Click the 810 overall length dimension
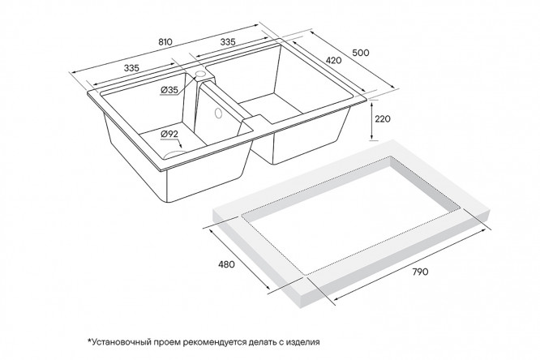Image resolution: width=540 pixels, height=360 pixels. [165, 42]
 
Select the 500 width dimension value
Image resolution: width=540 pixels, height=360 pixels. [361, 53]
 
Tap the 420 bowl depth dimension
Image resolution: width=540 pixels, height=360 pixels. [333, 60]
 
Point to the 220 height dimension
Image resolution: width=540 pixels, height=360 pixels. [383, 119]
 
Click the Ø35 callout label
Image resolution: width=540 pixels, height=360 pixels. [169, 90]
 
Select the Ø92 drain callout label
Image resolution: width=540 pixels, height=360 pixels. [169, 134]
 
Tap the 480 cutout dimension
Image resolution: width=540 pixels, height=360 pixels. [226, 264]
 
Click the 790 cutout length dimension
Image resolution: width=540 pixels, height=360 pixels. [420, 272]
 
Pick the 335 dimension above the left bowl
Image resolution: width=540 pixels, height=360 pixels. [131, 68]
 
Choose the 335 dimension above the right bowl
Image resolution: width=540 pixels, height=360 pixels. [228, 42]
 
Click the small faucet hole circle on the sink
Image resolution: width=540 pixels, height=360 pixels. [199, 74]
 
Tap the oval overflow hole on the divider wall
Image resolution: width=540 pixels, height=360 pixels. [217, 113]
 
